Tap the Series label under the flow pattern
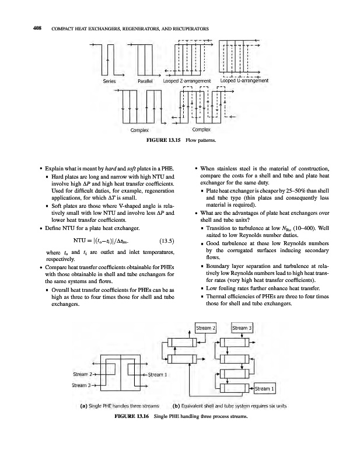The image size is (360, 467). (x=110, y=81)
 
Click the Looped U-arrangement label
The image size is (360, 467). (x=244, y=81)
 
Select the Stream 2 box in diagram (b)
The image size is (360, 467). (x=207, y=328)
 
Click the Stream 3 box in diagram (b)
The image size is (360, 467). (x=242, y=328)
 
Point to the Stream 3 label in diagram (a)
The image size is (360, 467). (x=82, y=385)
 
